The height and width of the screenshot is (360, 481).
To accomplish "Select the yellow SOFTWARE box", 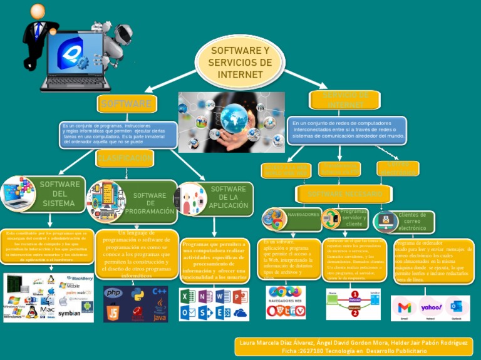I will [x=126, y=103].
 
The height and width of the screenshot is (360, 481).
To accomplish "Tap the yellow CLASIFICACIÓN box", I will [x=125, y=158].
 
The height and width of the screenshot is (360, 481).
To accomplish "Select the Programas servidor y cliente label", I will [x=354, y=218].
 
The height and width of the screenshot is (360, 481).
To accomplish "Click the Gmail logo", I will [x=405, y=307].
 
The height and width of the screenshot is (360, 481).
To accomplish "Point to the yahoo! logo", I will [x=431, y=307].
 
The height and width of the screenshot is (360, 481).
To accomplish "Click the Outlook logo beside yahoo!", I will [x=456, y=307].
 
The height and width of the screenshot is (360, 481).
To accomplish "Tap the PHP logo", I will [x=113, y=292].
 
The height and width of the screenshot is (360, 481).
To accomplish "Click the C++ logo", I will [x=160, y=292].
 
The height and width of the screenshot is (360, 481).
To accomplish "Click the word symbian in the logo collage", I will [x=70, y=312].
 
